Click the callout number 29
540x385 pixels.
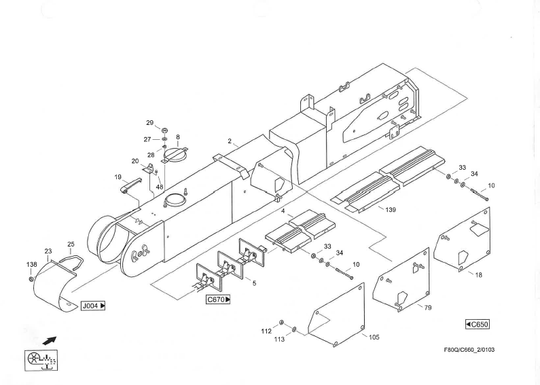point(150,123)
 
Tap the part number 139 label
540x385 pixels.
point(390,210)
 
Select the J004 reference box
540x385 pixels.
point(93,306)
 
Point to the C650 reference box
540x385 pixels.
point(478,324)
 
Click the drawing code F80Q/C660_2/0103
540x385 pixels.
point(475,350)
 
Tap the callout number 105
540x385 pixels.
point(374,337)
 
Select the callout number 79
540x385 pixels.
point(409,308)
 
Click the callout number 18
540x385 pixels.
point(478,275)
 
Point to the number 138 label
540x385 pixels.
point(31,265)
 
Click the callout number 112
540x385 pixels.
point(266,331)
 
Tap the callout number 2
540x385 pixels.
point(230,141)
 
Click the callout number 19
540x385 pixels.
point(118,177)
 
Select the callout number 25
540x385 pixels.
point(71,244)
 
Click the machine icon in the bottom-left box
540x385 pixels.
point(41,359)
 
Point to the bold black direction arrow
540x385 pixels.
point(49,339)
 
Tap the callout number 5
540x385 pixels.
point(254,282)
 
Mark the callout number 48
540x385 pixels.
point(160,186)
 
